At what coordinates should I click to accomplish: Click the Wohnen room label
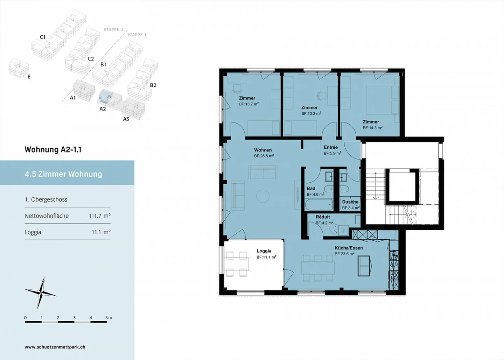263,150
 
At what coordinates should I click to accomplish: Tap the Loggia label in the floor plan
264,251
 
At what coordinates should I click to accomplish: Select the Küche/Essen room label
349,248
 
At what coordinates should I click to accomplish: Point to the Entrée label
331,147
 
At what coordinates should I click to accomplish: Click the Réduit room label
323,217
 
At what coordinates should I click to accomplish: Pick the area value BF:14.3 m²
372,128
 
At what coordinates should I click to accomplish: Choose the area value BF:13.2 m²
311,113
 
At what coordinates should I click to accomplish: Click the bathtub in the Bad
319,204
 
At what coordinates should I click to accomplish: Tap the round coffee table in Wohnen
263,196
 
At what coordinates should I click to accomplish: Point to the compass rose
41,292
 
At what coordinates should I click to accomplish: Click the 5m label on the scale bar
108,318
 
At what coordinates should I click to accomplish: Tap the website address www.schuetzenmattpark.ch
55,347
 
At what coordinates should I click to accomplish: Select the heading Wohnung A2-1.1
53,150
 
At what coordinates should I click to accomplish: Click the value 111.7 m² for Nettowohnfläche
99,216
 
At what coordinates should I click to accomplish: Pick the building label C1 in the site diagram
43,37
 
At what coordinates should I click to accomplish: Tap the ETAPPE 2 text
113,30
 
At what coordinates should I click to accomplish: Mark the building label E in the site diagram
29,77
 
